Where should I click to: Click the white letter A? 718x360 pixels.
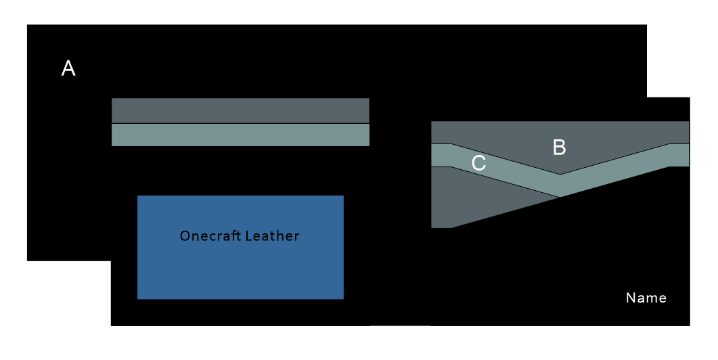point(68,68)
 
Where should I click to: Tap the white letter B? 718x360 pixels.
point(559,148)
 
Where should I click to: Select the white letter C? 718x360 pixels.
point(478,164)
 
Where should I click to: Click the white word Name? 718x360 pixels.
point(646,298)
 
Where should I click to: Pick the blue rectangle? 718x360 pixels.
point(240,271)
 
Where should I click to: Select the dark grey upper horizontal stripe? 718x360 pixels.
point(240,110)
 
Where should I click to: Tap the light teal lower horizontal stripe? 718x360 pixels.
point(240,135)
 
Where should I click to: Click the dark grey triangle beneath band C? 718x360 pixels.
point(474,196)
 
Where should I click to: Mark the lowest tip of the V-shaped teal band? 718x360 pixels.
point(560,196)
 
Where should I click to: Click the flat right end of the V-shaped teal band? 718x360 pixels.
point(679,155)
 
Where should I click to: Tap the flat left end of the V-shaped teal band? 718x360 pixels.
point(441,155)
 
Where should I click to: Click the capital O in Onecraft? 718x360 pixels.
point(185,236)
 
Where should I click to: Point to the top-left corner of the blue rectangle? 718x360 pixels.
point(138,196)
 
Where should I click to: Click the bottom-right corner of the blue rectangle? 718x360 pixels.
point(342,298)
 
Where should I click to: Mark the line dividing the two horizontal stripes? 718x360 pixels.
point(240,123)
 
